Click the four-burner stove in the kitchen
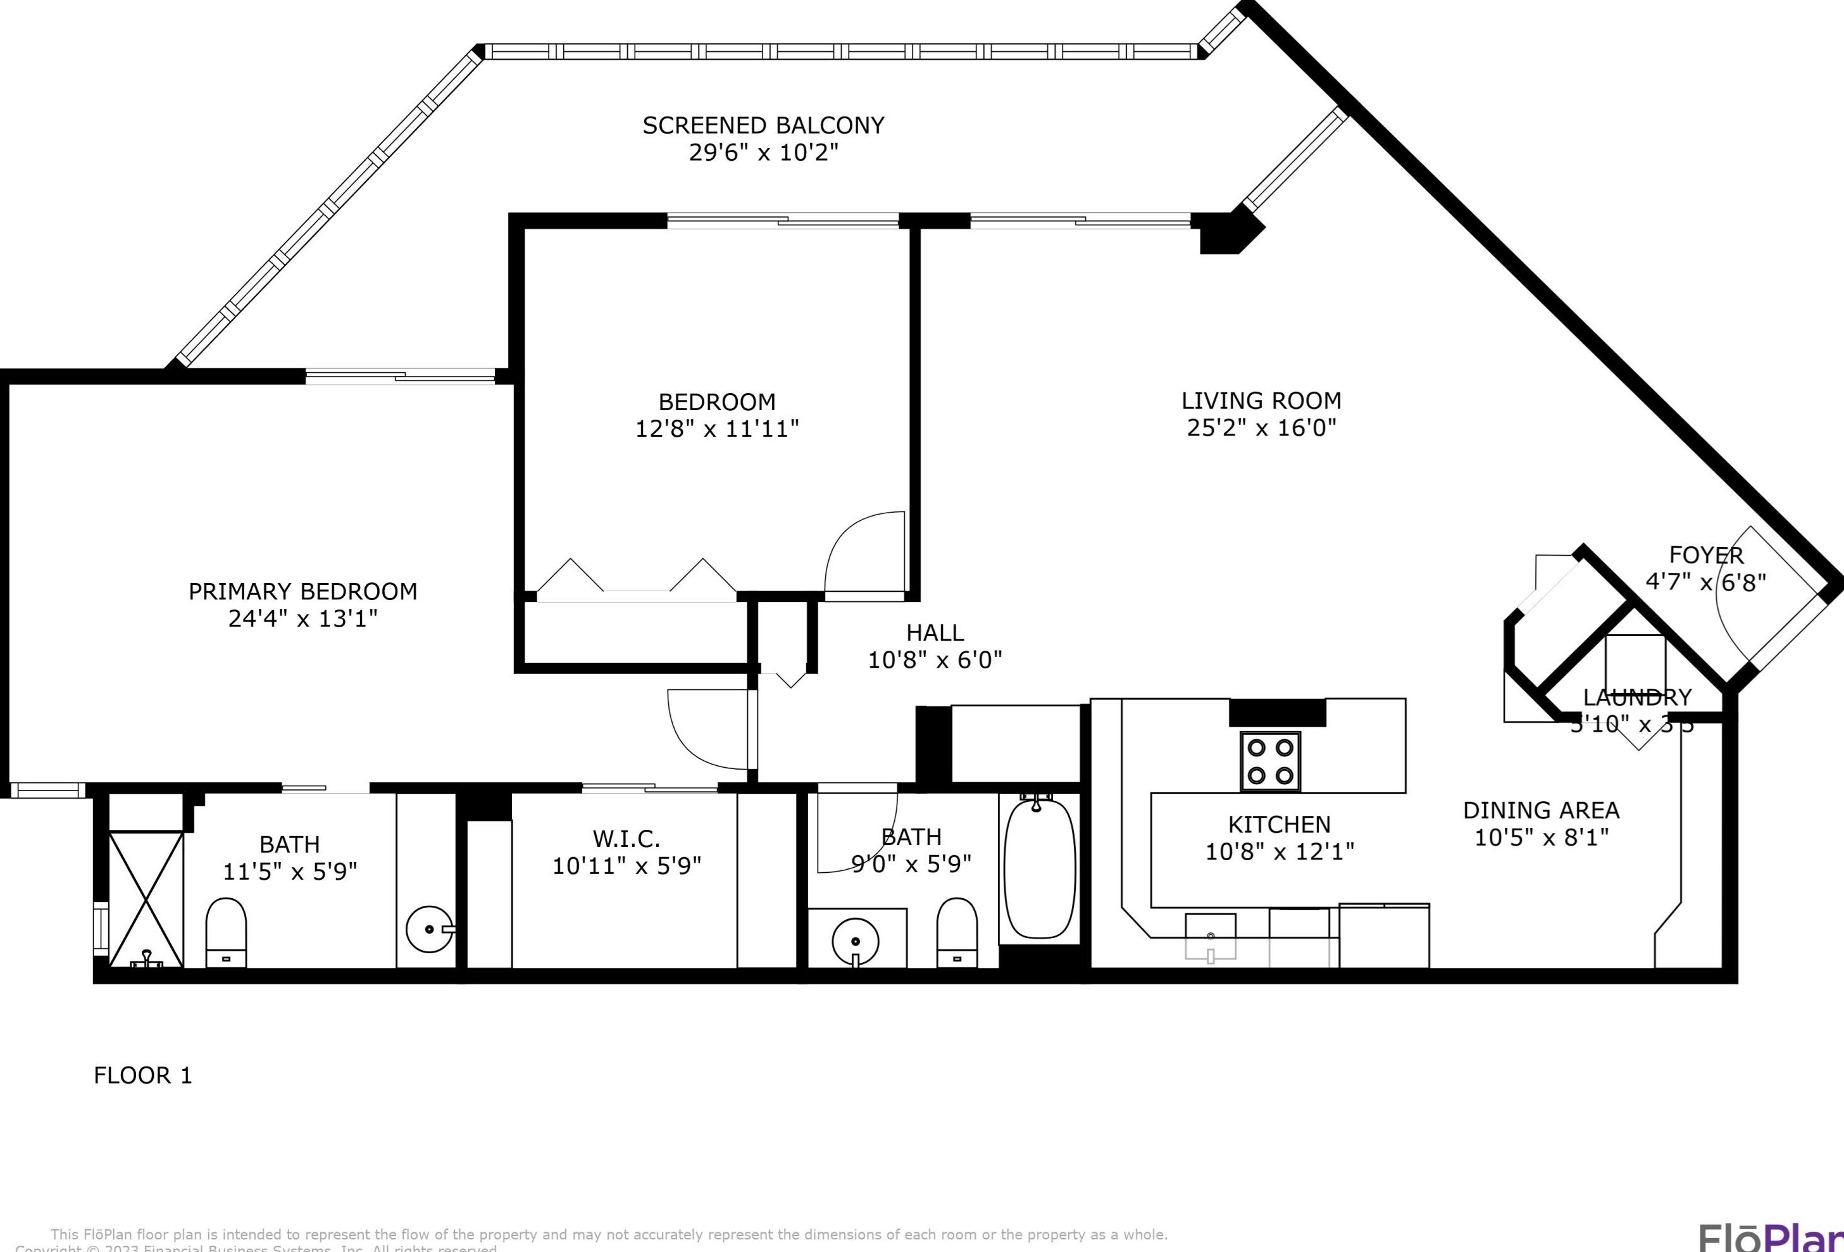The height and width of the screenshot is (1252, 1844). tap(1269, 761)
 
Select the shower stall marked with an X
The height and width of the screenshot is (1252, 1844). tap(146, 898)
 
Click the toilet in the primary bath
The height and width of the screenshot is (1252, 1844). tap(226, 932)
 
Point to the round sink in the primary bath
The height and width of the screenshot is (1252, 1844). tap(429, 929)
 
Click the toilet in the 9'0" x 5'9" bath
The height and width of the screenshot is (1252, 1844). tap(957, 932)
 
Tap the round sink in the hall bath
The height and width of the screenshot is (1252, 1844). tap(856, 941)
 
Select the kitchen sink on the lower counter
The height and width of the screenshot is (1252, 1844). tap(1210, 936)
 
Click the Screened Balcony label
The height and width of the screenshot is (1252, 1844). tap(763, 125)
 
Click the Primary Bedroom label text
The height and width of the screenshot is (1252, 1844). tap(302, 591)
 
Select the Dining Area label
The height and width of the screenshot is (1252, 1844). tap(1541, 810)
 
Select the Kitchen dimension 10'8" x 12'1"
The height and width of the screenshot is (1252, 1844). tap(1279, 851)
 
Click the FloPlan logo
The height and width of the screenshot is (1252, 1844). tap(1769, 1236)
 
